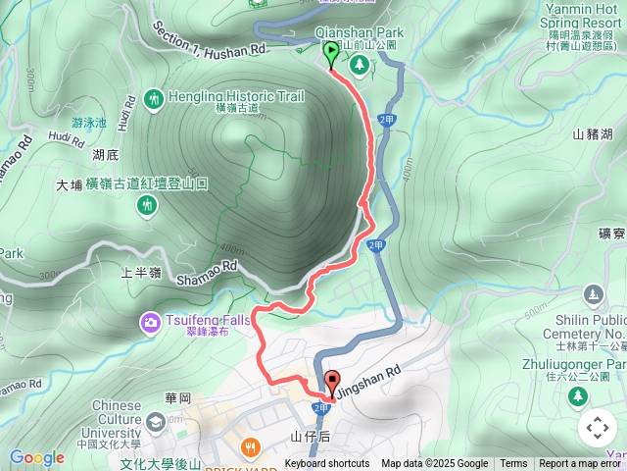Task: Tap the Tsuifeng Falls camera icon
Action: tap(151, 321)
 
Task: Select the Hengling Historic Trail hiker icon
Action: tap(154, 98)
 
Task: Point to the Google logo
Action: tap(36, 457)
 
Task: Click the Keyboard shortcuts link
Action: tap(327, 464)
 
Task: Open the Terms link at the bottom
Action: tap(513, 464)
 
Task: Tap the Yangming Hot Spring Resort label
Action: tap(587, 21)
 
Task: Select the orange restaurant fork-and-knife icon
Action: tap(251, 447)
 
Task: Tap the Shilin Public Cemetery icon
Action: tap(593, 294)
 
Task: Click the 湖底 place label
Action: tap(106, 154)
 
